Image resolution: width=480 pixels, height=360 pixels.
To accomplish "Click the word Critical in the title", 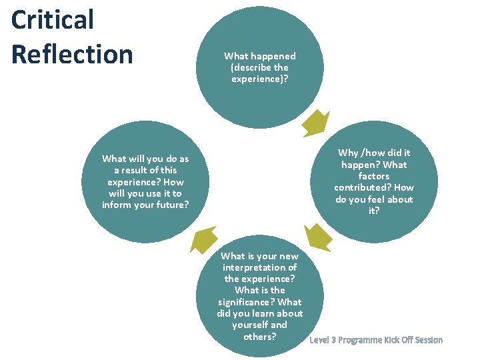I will [53, 19].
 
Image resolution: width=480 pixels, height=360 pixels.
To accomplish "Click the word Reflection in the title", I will [72, 54].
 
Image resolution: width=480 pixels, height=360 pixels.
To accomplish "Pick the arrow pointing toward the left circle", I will [204, 240].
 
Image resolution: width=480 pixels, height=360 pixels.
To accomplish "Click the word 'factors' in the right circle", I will [373, 176].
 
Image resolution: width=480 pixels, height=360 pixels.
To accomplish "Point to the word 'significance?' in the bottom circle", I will [259, 302].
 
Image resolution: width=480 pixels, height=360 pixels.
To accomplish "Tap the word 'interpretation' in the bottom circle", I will [259, 267].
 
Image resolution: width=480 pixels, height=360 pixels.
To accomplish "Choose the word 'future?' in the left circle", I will [172, 205].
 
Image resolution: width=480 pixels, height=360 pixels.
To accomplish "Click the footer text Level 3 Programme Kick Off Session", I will [376, 340].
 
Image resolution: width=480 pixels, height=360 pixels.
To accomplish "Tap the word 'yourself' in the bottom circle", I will [251, 325].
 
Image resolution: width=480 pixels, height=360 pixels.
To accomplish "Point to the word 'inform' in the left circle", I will [117, 205].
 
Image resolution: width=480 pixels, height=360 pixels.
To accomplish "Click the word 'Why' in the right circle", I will [349, 153].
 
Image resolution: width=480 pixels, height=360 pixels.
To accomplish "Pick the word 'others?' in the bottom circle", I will [259, 336].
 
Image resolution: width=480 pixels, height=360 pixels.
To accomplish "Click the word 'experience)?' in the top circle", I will [259, 79].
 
